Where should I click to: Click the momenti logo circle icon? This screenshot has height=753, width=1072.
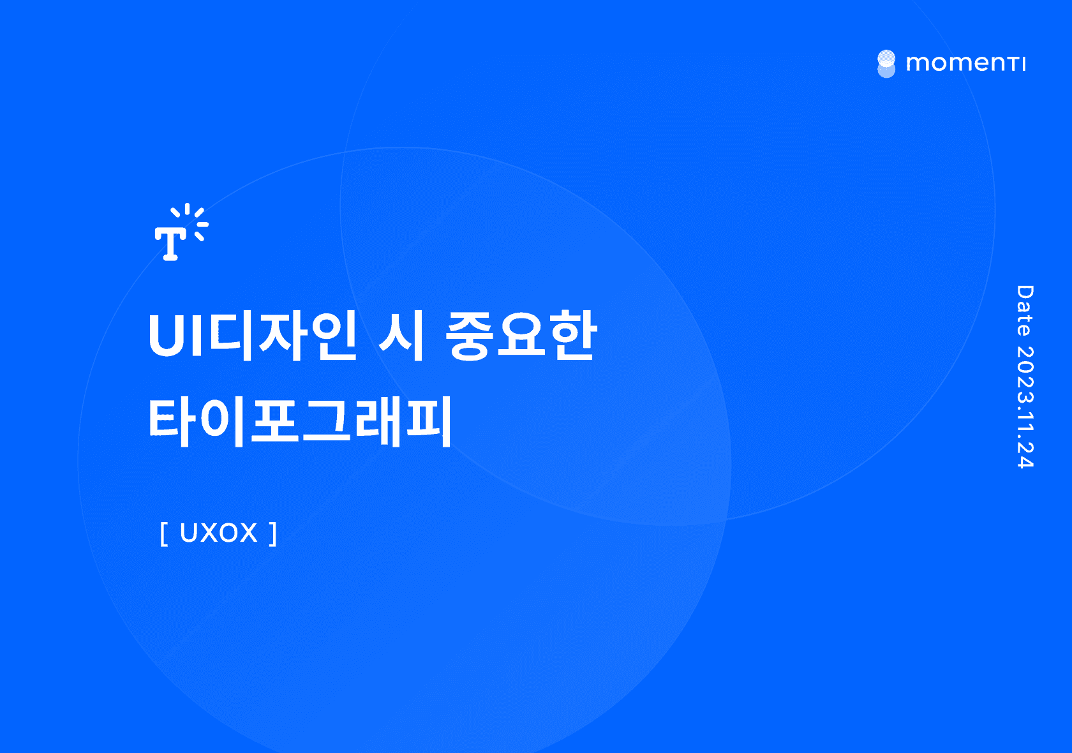[886, 64]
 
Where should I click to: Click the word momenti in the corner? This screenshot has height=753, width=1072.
[965, 63]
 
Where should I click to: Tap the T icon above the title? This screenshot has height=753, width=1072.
[181, 232]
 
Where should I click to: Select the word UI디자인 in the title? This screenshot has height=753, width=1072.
[251, 335]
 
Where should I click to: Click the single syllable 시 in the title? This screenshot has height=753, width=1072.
[401, 335]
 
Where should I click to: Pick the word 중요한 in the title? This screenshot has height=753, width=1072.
[521, 335]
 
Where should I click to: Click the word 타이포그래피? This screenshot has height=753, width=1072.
[300, 421]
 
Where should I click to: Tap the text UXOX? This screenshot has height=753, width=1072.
[218, 533]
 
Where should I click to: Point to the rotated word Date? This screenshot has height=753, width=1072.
[1025, 311]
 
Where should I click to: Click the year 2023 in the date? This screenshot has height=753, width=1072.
[1025, 373]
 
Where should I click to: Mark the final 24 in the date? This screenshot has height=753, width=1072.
[1025, 454]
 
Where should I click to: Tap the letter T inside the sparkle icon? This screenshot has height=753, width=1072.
[170, 243]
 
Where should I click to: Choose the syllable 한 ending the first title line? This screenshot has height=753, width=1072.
[573, 335]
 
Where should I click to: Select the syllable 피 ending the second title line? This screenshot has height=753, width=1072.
[429, 421]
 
